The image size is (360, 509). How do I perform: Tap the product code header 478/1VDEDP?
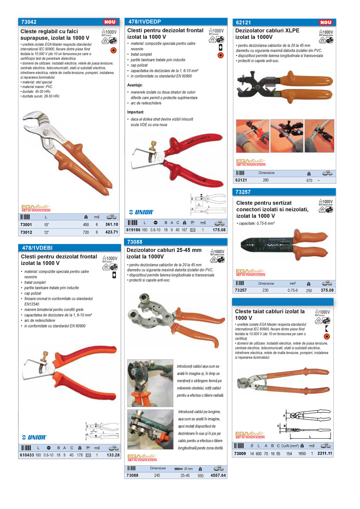(144, 22)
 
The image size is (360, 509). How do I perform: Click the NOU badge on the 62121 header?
(326, 23)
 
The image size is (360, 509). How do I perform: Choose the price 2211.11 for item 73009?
(325, 453)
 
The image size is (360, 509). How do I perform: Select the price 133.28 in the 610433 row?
(112, 455)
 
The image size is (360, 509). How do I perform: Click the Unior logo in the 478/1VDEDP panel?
(142, 212)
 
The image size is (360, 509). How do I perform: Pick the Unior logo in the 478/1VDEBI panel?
(34, 437)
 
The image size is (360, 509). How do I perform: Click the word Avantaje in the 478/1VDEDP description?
(135, 85)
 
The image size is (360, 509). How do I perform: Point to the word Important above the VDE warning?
(135, 112)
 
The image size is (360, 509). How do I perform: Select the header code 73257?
(243, 192)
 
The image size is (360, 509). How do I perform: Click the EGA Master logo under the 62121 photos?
(250, 163)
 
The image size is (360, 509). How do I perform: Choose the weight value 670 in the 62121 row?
(309, 180)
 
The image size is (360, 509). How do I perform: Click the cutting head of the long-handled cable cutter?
(245, 381)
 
